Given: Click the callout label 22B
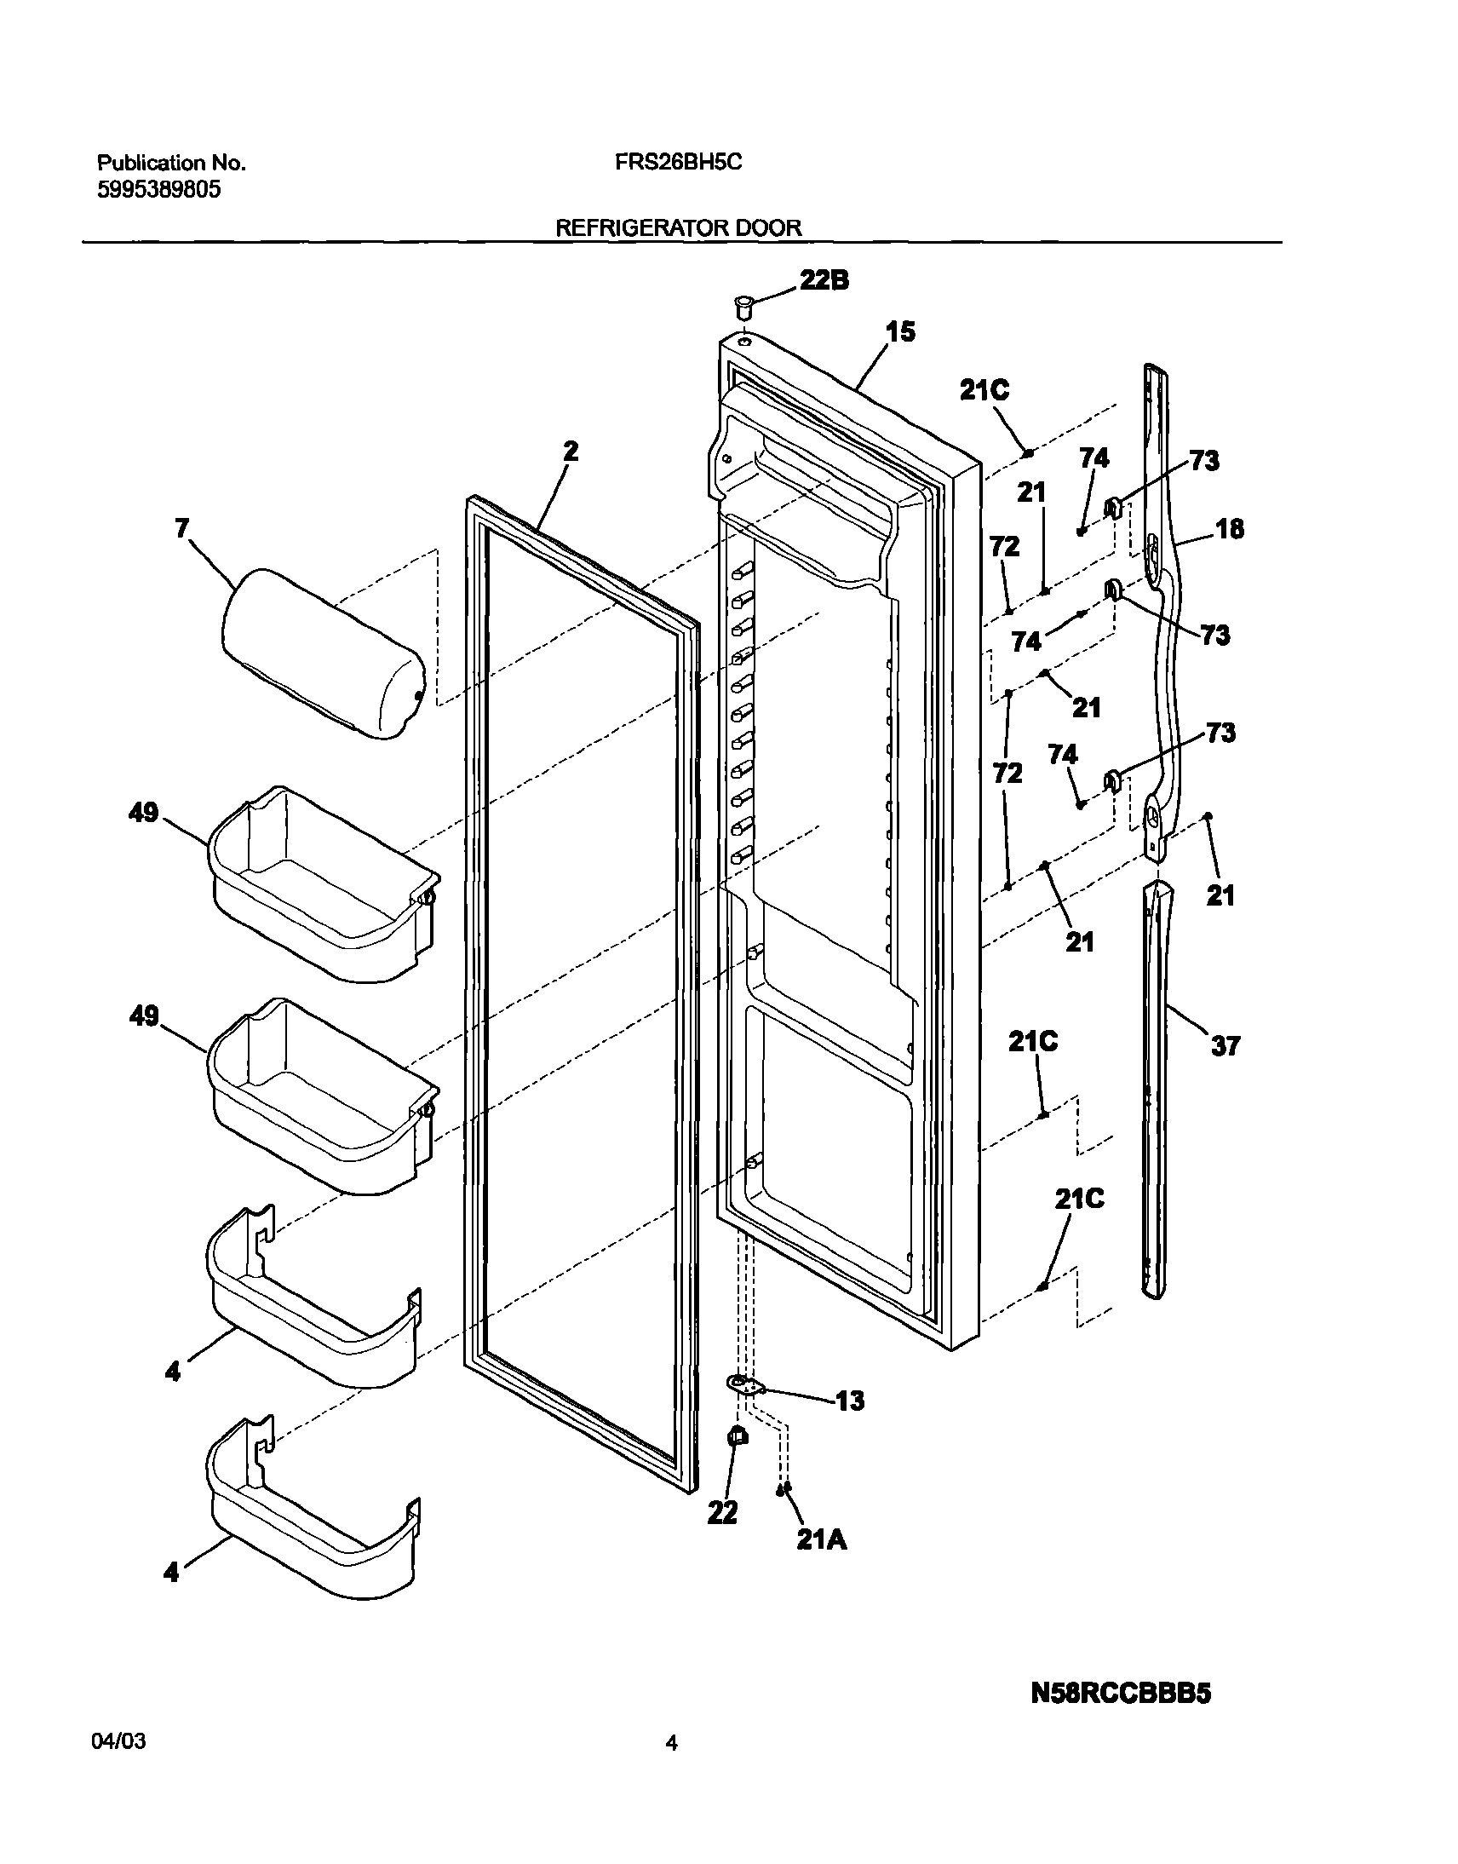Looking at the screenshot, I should (824, 281).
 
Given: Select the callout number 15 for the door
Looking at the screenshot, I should (900, 331).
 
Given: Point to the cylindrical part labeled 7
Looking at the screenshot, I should (323, 653).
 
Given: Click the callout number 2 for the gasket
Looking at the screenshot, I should (571, 451).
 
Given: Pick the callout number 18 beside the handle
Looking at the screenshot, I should (1229, 529).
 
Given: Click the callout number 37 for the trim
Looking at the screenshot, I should (1225, 1045).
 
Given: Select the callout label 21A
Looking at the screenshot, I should (821, 1539).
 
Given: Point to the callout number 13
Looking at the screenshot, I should (849, 1401).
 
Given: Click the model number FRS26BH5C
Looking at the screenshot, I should (678, 162).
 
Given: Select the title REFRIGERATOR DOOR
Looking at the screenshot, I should (679, 228).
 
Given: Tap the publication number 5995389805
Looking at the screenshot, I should (158, 191).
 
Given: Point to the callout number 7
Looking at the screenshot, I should (181, 528).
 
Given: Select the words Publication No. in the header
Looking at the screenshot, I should (170, 163).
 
